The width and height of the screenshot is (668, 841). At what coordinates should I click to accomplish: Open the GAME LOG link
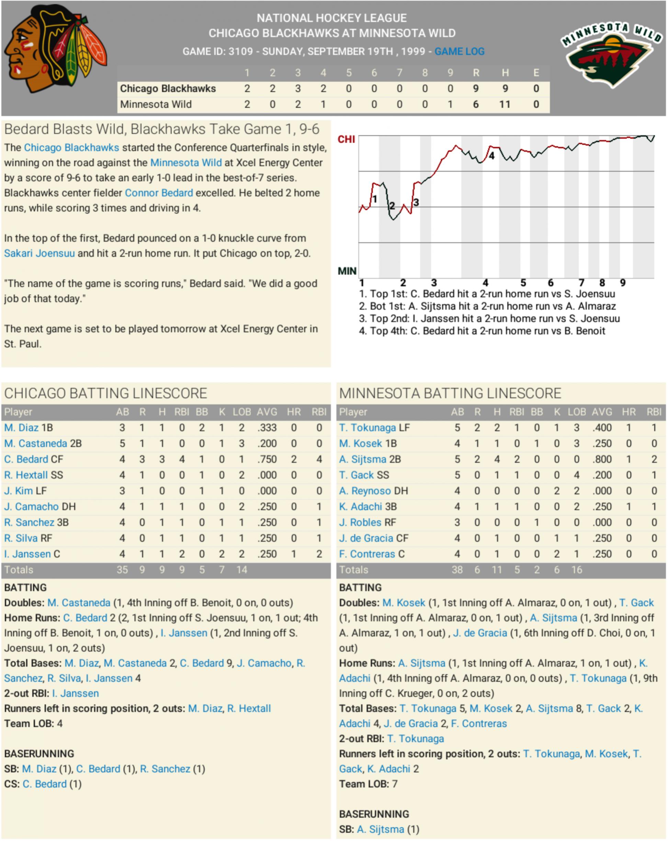coord(459,52)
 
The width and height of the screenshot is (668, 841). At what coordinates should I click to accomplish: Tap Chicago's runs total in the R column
coord(476,89)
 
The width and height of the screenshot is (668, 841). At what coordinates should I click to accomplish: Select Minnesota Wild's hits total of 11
coord(505,104)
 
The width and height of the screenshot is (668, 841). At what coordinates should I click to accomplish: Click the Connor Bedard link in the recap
coord(159,193)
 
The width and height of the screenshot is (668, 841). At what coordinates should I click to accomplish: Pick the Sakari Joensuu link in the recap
coord(39,253)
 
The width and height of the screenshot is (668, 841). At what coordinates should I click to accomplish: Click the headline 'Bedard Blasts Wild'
coord(161,129)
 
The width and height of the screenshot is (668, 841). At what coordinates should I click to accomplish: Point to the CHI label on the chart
coord(346,139)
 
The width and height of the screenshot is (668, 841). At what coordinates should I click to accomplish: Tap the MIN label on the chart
coord(347,271)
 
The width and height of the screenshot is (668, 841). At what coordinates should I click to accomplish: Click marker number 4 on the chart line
coord(491,156)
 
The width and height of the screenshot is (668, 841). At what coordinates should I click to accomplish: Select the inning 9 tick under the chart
coord(623,283)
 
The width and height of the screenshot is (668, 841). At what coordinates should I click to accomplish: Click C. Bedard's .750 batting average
coord(267,459)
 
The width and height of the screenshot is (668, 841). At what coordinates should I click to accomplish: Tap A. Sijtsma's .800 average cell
coord(602,459)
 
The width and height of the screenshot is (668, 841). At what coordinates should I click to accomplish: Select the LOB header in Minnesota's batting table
coord(577,412)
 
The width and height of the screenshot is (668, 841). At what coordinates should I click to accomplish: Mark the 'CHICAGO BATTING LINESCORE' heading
coord(105,393)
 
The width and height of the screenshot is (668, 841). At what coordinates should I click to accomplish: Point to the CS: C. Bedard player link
coord(45,784)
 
